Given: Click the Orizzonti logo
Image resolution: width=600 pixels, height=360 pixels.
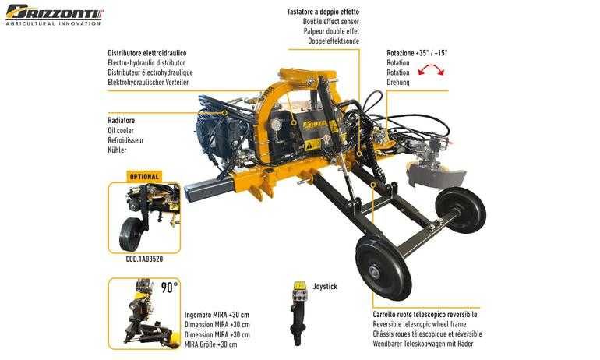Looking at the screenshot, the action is (x=54, y=15).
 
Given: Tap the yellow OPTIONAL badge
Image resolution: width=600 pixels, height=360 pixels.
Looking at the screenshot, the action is (x=144, y=177).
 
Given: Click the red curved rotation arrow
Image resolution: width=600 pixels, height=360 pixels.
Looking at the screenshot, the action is (x=431, y=69).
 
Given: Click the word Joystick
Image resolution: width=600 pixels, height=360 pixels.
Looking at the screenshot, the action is (x=325, y=286).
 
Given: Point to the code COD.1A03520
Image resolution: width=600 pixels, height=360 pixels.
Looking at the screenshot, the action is (x=144, y=259).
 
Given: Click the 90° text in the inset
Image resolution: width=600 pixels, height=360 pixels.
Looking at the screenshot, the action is (x=169, y=287).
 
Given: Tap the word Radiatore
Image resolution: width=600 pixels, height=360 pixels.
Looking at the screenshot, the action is (x=122, y=121).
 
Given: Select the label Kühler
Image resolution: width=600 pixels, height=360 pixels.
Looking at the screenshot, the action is (x=117, y=150).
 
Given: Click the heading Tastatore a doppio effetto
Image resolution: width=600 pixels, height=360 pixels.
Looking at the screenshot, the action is (x=323, y=12).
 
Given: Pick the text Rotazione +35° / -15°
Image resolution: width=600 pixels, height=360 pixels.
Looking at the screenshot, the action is (x=417, y=53).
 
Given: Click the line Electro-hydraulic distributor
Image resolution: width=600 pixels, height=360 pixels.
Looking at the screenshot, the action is (x=146, y=63).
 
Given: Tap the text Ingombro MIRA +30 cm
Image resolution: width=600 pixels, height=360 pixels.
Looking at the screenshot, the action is (x=217, y=315).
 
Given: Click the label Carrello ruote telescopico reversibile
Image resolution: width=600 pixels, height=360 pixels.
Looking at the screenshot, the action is (x=425, y=315).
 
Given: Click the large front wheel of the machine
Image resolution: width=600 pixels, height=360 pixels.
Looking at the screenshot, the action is (x=383, y=267).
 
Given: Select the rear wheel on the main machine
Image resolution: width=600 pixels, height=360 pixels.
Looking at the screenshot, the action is (x=461, y=210).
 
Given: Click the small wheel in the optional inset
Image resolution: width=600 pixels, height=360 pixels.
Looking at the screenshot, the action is (x=131, y=235).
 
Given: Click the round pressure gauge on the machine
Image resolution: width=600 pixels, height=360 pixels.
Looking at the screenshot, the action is (x=274, y=125).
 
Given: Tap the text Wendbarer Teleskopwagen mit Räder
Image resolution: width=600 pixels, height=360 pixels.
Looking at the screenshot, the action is (x=423, y=344).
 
